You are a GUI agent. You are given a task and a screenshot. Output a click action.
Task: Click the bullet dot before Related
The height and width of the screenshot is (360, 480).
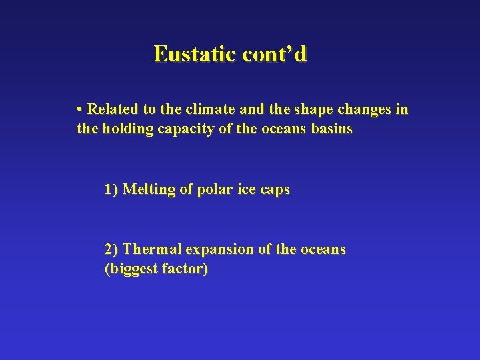coord(79,109)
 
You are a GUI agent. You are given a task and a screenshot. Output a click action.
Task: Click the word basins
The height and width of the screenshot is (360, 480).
coord(331,129)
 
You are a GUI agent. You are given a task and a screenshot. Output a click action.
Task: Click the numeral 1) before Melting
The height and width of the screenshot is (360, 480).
coord(111,189)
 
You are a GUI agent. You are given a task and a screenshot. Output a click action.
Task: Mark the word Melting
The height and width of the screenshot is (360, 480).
coord(150,189)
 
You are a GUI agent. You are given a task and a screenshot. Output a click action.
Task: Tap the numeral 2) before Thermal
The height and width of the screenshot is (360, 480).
coord(111,249)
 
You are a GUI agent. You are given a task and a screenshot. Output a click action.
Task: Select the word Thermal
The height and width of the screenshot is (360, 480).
coord(153,249)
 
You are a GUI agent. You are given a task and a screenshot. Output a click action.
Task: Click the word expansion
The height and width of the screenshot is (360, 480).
coord(219,250)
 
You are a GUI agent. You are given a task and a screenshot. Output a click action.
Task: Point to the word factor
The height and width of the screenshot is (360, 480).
coord(185,269)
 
